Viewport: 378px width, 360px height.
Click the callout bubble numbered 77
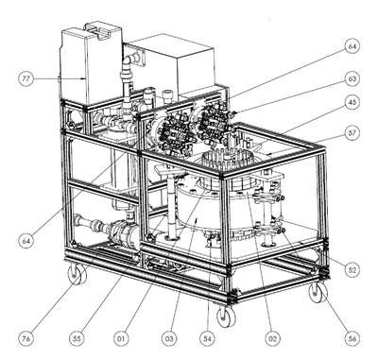26,78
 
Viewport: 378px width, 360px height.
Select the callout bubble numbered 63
351,78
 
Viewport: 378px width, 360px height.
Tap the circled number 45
351,103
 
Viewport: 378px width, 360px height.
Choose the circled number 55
77,338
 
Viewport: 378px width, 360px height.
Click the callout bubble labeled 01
122,338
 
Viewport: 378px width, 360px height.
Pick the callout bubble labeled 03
169,338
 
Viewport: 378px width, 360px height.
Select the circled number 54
208,338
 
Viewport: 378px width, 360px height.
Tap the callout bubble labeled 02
272,338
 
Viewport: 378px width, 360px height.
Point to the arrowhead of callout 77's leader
84,78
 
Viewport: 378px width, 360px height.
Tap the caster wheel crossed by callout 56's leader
318,293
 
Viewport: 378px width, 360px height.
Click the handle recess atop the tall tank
99,32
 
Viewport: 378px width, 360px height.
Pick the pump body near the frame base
123,232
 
